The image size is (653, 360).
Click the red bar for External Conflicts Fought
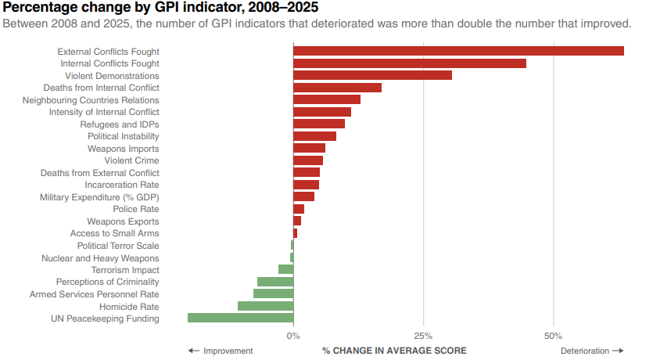458,51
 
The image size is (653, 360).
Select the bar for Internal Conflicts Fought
410,63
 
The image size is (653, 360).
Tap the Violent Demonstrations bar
372,76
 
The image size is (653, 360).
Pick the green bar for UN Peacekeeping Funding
240,319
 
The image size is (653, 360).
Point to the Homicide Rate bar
265,306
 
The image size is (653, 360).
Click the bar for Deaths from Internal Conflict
337,88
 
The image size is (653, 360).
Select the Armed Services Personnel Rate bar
273,293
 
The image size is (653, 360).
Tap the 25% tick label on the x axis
423,336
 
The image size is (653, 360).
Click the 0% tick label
293,336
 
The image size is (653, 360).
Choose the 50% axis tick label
553,336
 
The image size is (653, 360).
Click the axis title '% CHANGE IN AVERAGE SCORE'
394,351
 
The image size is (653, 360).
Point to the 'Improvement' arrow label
221,351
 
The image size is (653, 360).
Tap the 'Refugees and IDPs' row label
120,124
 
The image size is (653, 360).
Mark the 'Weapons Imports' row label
123,149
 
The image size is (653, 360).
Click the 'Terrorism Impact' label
125,270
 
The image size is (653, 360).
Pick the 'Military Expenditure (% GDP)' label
99,197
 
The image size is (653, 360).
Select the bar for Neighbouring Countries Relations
327,99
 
